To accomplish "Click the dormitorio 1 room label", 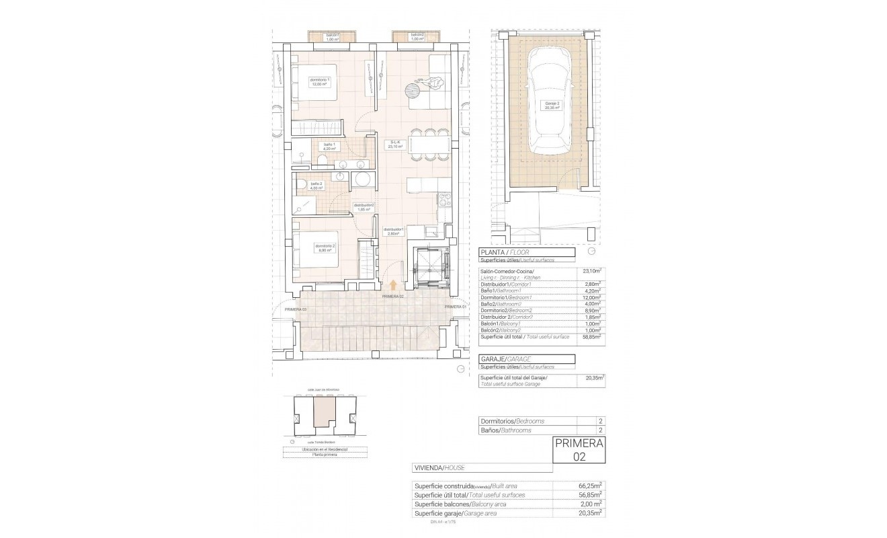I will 319,82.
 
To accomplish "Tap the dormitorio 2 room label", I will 325,247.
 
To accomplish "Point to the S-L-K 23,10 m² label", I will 395,145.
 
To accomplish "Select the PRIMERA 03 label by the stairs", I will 295,309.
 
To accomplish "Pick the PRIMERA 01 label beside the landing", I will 455,306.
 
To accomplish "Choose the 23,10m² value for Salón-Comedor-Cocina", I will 591,272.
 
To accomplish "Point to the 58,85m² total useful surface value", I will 591,336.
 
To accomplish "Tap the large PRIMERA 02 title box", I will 579,449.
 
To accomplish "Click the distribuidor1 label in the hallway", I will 393,231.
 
